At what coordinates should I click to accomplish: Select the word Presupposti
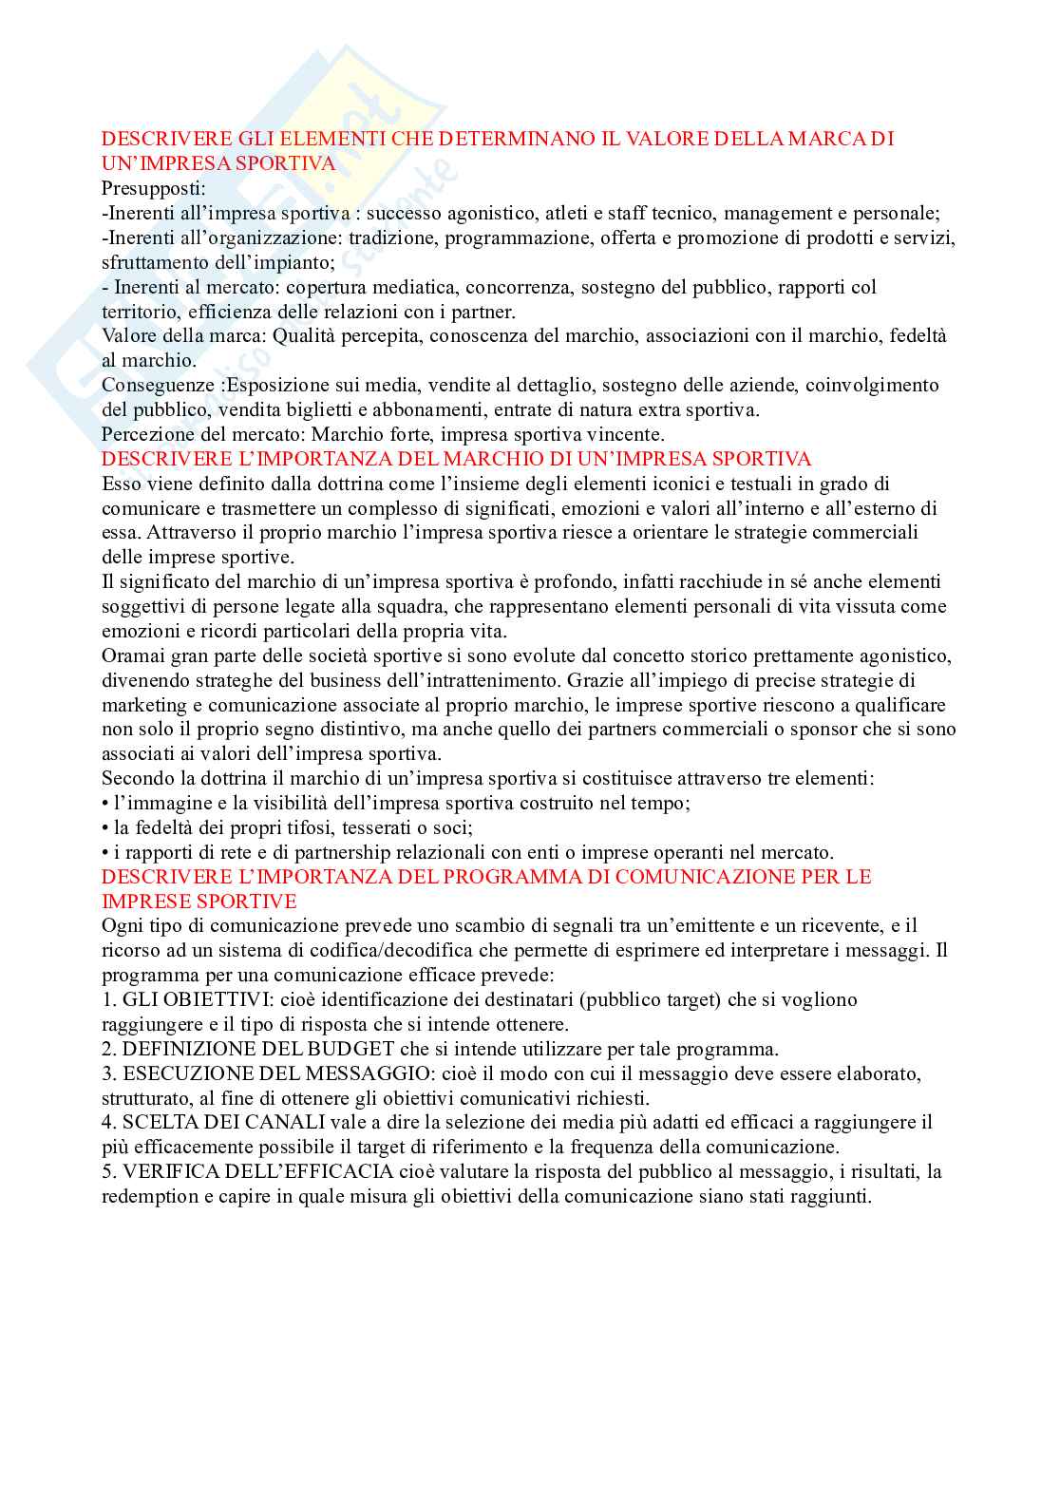[x=152, y=189]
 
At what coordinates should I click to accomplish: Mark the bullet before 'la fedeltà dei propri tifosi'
[x=105, y=828]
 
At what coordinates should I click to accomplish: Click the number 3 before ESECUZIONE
[x=107, y=1073]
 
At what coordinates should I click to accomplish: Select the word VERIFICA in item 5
[x=165, y=1172]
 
